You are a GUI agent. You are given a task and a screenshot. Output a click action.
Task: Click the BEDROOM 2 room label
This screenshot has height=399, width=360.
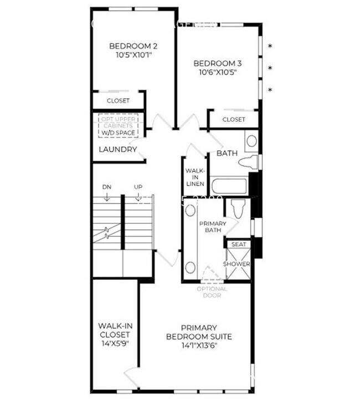point(133,46)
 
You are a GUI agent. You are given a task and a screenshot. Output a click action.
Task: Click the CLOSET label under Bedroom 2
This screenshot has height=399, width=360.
point(118,101)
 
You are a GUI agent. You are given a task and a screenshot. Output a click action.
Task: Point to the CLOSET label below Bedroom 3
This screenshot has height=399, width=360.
point(234,119)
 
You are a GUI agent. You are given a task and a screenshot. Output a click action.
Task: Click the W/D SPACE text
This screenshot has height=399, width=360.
point(118,133)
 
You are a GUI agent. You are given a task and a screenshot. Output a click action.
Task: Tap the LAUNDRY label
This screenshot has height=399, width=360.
point(117,150)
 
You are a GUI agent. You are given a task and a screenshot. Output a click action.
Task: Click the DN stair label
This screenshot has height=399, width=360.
point(107,187)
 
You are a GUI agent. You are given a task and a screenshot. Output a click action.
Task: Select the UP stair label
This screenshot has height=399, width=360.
point(138,187)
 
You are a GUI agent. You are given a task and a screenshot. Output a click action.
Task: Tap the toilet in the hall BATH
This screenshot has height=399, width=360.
point(249,162)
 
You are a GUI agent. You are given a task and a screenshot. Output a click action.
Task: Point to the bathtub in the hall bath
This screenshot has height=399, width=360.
point(230,185)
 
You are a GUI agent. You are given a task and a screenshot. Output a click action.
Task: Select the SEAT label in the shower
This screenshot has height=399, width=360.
point(239,244)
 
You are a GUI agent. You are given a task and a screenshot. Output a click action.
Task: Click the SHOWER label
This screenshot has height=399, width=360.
point(236,264)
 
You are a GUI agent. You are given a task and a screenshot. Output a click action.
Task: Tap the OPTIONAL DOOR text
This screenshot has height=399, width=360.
point(212,292)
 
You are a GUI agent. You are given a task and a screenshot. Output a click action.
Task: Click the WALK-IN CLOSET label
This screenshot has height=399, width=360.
point(114,334)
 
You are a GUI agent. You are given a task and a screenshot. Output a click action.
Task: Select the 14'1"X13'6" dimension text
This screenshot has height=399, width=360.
point(199,345)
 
